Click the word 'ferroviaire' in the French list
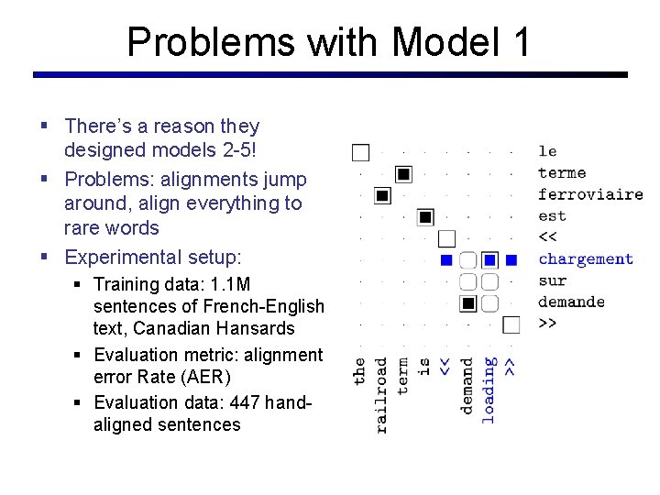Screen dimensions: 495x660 tap(589, 194)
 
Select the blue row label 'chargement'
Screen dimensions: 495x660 tap(585, 259)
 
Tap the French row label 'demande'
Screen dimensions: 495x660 tap(571, 302)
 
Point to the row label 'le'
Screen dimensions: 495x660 tap(547, 151)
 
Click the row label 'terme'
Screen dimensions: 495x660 tap(561, 172)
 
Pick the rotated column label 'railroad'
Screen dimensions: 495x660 tap(382, 394)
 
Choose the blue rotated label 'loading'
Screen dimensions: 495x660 tap(489, 390)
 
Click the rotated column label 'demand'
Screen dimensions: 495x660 tap(467, 386)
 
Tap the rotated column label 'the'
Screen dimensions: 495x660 tap(360, 371)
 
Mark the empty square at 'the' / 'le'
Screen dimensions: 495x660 tap(360, 152)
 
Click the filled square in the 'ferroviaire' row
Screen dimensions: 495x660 tap(382, 195)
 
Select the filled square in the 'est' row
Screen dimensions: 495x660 tap(424, 217)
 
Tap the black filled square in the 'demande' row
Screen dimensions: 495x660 tap(467, 302)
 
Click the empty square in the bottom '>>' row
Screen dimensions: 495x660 tap(511, 324)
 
